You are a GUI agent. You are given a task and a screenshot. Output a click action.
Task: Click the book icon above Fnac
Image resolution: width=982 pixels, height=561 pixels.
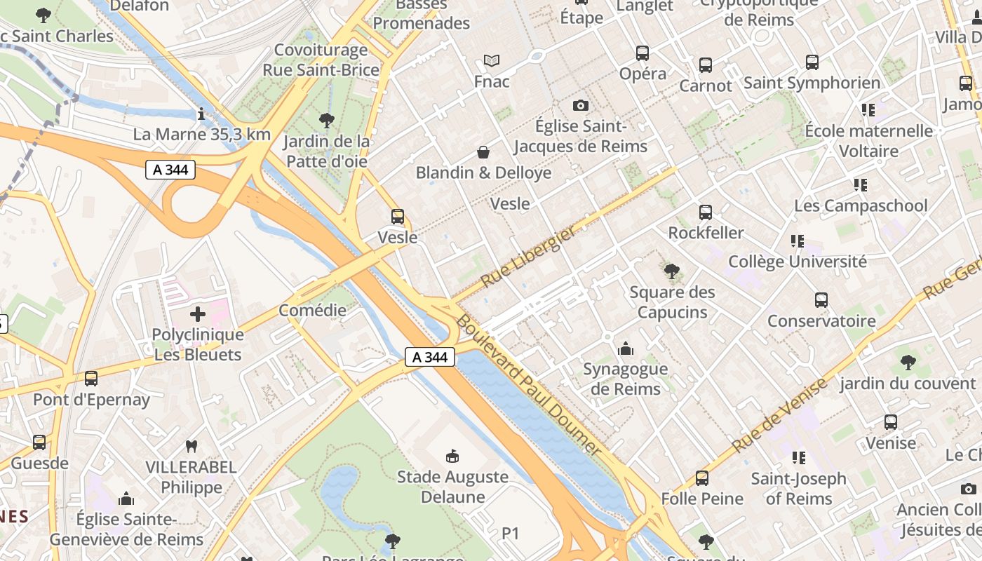point(492,61)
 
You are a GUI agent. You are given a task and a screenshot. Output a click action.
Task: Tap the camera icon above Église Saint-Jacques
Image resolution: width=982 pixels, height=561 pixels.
point(580,105)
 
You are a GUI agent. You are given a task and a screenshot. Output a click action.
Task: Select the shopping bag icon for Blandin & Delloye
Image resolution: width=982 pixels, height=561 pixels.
point(483,152)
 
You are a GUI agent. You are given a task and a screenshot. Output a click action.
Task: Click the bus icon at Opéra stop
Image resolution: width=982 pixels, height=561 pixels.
point(643,53)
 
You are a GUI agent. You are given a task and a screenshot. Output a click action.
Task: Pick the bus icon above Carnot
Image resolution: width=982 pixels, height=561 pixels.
point(706,65)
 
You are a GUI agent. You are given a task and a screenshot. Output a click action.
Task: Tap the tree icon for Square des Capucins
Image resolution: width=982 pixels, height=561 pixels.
point(671,271)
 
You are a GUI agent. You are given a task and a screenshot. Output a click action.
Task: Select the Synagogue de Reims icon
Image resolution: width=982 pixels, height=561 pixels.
point(625,348)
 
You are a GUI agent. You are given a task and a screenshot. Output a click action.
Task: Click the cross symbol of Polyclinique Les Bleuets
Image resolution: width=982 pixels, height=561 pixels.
point(198,313)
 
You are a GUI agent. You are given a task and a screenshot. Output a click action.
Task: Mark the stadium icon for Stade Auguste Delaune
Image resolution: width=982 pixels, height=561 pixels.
point(452,456)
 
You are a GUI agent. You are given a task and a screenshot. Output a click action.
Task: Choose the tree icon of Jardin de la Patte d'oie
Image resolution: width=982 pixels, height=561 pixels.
point(326,120)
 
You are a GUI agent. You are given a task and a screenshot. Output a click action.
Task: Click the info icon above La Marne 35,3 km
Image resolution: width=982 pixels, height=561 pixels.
point(202,114)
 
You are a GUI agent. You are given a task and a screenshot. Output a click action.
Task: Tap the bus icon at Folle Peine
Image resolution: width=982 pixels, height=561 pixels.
point(702,478)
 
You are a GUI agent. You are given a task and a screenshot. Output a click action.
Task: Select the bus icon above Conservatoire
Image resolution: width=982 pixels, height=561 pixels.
point(821,300)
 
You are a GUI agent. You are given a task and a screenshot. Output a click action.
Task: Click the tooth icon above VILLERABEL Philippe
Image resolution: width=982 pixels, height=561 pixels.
point(191,446)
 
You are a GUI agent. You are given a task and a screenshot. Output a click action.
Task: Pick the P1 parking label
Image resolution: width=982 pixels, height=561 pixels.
point(511,534)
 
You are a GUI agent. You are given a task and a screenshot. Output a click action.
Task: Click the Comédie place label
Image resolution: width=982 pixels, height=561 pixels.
point(312,310)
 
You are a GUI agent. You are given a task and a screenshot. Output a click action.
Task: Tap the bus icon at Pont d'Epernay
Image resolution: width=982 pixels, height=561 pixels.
point(91,379)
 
